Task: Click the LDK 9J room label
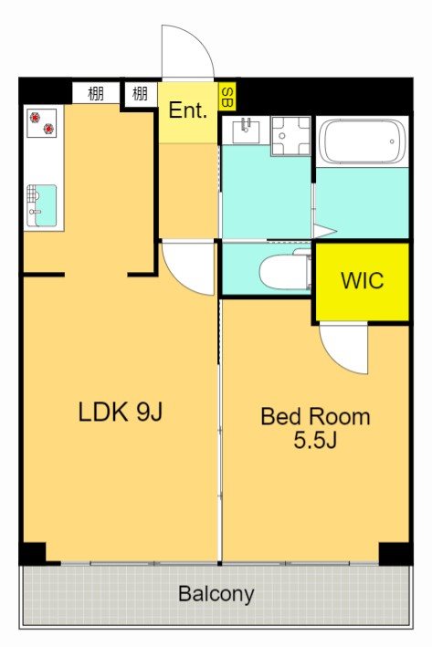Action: coord(121,412)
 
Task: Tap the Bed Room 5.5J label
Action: coord(315,428)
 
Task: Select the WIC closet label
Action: coord(363,280)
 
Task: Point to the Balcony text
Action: coord(216,595)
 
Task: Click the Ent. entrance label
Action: coord(188,110)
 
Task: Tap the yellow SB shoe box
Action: coord(227,97)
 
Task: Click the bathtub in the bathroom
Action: coord(363,141)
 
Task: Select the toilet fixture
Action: coord(285,271)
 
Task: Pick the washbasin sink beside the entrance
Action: coord(247,130)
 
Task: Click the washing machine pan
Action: coord(290,136)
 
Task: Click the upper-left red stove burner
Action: coord(36,118)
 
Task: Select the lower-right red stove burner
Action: coord(49,130)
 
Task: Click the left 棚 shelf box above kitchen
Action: coord(96,94)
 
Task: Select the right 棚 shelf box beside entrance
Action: coord(141,94)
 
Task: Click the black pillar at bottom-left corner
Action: coord(33,553)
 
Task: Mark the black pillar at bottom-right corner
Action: coord(395,553)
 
